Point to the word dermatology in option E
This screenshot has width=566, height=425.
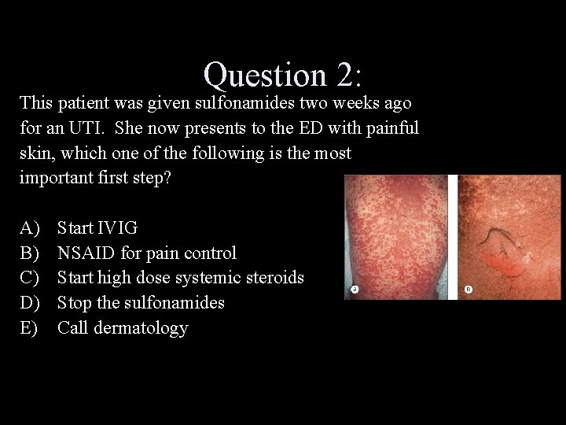141,328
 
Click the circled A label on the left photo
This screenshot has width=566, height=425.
355,290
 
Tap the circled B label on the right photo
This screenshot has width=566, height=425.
469,290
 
